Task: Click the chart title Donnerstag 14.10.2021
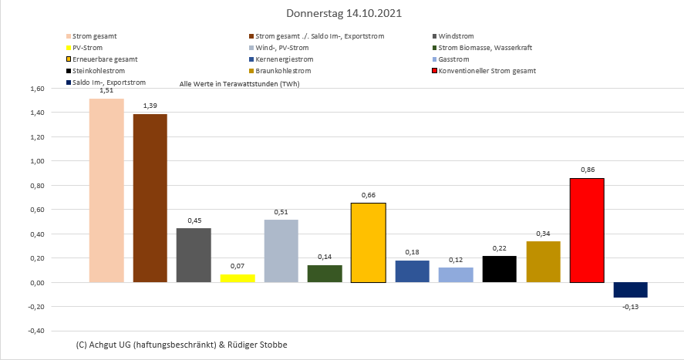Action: pos(343,14)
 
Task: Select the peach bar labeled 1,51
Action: pos(106,190)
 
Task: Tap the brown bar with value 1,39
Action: pos(150,198)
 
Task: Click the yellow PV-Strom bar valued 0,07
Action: pos(237,278)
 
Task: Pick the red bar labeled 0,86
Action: pos(586,230)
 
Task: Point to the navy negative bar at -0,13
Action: pos(630,290)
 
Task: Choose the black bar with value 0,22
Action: pos(499,269)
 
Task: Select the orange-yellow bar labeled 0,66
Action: pos(368,242)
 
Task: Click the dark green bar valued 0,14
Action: pos(325,274)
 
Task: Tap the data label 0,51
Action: pos(281,212)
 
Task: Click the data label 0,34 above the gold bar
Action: pos(543,234)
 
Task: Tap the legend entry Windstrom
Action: pos(456,36)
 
